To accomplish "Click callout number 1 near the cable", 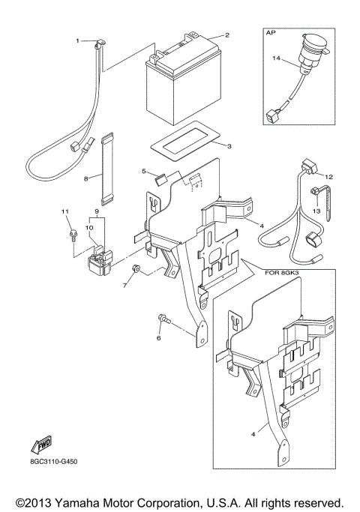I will [x=76, y=40].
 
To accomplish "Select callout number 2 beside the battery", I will [x=227, y=35].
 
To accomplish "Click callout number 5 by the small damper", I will [x=144, y=172].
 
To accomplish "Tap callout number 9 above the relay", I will [x=96, y=212].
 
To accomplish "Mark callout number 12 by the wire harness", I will [x=328, y=176].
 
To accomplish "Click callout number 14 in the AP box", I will [x=276, y=58].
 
